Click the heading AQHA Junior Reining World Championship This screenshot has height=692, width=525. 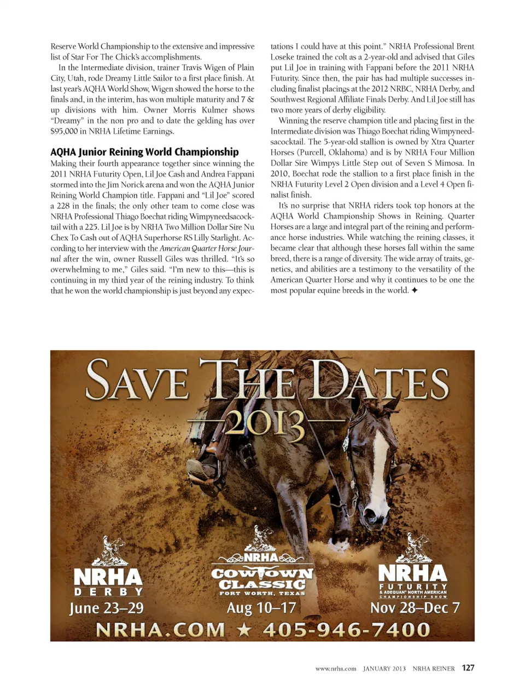(144, 152)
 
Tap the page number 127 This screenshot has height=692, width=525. (468, 668)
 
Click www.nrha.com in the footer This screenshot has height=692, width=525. (336, 668)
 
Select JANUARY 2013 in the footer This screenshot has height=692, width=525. (384, 668)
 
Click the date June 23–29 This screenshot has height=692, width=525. (106, 608)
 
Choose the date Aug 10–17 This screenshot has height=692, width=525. (261, 608)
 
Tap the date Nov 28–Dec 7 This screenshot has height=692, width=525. (415, 608)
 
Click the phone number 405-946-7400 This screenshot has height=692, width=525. (346, 630)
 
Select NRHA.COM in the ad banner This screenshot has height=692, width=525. (160, 630)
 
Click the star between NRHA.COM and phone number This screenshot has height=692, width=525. (244, 630)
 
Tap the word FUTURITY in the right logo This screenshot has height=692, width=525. (413, 586)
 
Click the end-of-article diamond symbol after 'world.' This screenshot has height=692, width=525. (415, 290)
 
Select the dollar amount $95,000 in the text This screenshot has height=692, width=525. (64, 131)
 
